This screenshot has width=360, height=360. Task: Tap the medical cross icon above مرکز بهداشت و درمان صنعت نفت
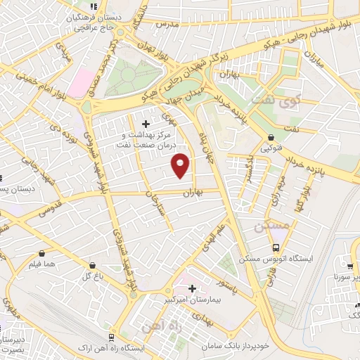[146, 124]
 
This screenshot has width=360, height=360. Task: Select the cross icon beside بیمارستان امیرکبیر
[192, 288]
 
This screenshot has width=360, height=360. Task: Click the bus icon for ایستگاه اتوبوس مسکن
[276, 248]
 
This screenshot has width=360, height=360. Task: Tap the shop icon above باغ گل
[94, 266]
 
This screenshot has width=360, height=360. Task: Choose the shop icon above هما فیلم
[42, 253]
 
